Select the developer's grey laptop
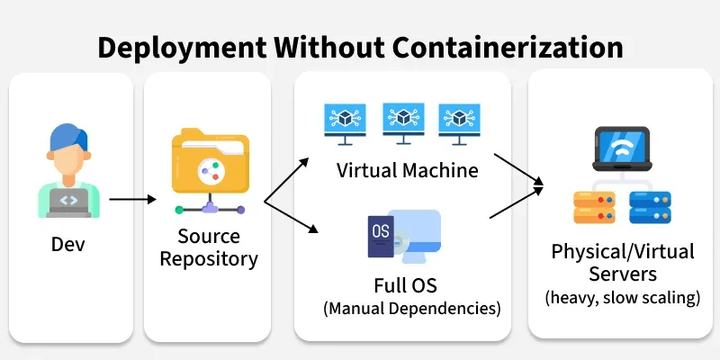click(65, 202)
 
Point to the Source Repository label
click(209, 248)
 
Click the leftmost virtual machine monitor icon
click(346, 120)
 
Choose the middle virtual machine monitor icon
click(402, 120)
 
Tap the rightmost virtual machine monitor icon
click(458, 120)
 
